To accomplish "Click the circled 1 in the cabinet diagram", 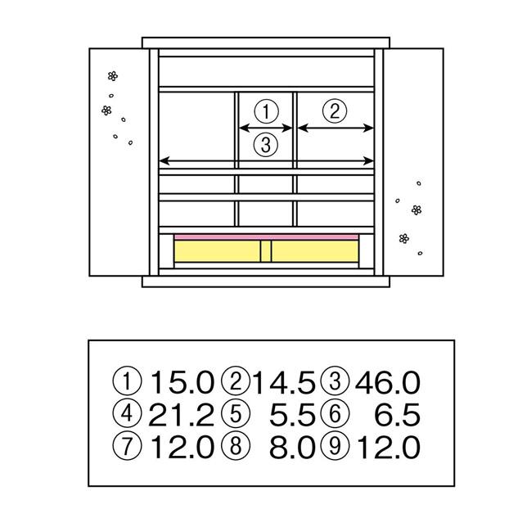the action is (266, 111).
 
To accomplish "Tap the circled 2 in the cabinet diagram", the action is (335, 110).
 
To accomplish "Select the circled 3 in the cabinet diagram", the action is (266, 145).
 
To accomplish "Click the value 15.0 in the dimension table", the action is (182, 382).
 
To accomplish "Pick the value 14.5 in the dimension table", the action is (284, 382).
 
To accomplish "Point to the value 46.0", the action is (388, 382).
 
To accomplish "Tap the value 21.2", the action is (181, 415).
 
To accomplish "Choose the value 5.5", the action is (292, 415).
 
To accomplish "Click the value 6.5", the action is (398, 415).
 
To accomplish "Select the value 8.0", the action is (292, 447).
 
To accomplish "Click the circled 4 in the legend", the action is (127, 413).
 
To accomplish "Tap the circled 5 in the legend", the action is (236, 413).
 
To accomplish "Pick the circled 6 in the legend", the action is (335, 413).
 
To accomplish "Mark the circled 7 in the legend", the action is (127, 446).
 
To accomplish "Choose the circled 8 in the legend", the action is (236, 446).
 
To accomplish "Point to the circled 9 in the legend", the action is (335, 446).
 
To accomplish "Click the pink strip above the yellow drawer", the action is (266, 237).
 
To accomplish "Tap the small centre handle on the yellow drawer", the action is (266, 251).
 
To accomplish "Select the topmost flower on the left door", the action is (113, 76).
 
